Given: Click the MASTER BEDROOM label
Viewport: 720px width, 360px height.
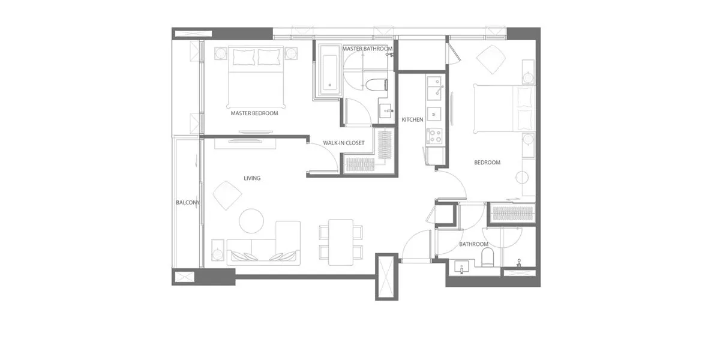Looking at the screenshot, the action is click(254, 113).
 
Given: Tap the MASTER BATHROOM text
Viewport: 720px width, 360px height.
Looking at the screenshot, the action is click(367, 49).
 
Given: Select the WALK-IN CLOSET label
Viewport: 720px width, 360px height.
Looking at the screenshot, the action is click(344, 143).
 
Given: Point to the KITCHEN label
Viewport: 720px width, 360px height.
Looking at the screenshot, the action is click(412, 119).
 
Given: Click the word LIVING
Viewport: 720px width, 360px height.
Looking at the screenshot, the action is click(252, 178).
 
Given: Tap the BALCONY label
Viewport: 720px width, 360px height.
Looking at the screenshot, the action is click(188, 203).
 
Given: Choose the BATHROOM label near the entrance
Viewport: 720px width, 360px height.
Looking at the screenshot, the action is click(473, 244).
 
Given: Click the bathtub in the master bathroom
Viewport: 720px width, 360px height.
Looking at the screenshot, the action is click(330, 70).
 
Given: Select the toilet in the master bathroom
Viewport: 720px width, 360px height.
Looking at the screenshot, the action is click(376, 85).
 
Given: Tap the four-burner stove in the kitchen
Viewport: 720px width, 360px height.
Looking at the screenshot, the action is click(434, 136).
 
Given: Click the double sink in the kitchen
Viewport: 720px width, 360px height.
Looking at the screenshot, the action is click(434, 88).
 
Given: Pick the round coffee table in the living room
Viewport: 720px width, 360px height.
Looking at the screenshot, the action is click(251, 221).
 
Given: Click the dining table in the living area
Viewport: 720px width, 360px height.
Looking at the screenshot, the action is click(341, 242).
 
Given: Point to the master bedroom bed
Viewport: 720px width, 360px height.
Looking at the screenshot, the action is click(256, 77).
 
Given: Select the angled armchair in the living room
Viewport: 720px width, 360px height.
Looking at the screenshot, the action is click(227, 196).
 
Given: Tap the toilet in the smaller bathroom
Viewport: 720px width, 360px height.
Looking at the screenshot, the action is click(487, 257).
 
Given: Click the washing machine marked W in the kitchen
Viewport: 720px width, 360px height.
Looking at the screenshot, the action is click(434, 114).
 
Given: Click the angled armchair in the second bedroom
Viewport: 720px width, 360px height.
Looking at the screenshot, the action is click(491, 60).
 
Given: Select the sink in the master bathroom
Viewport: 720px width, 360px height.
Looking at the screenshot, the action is click(386, 111).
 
